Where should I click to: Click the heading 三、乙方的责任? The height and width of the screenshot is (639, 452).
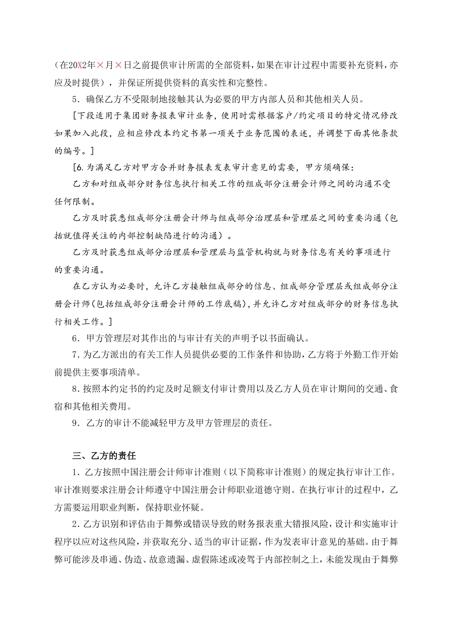click(104, 456)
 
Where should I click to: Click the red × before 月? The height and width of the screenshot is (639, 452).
click(101, 66)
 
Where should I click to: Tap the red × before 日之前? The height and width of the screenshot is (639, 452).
click(119, 66)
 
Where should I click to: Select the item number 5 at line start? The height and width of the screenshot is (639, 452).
click(74, 100)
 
